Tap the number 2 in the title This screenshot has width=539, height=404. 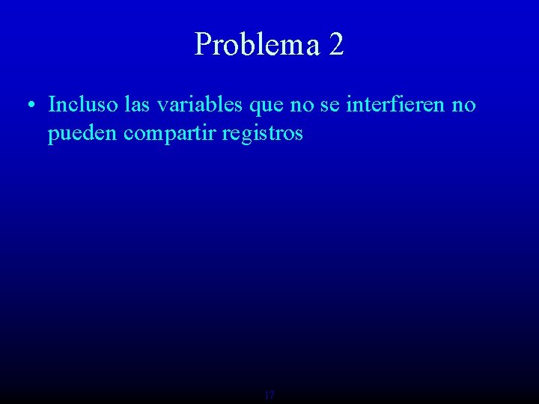click(336, 44)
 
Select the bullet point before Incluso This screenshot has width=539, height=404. click(28, 105)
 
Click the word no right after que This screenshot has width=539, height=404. click(302, 105)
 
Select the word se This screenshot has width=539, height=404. click(329, 105)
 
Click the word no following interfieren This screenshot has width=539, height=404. click(463, 105)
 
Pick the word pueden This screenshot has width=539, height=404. click(83, 135)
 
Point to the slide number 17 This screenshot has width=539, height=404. click(269, 394)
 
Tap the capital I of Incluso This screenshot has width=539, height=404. click(52, 105)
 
